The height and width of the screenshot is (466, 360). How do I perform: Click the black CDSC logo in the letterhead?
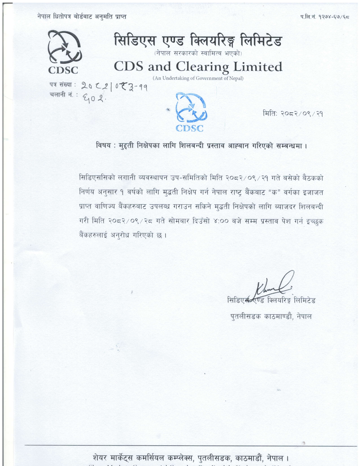(64, 52)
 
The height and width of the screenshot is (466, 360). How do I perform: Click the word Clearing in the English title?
(202, 67)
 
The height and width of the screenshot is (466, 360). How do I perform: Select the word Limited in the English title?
(258, 67)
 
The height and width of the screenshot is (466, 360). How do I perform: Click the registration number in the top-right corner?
(325, 17)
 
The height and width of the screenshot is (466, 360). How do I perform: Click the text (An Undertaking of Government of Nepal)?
(198, 78)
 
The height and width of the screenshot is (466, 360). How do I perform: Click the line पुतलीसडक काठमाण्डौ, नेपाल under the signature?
(271, 316)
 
